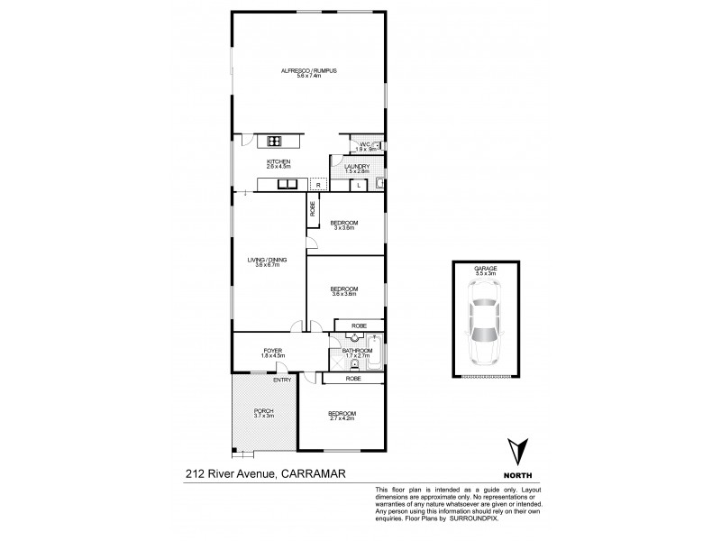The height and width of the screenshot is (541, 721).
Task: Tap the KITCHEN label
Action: pos(278,161)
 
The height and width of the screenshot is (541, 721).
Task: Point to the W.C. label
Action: pos(366,144)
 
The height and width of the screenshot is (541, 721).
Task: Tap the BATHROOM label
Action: pos(357,351)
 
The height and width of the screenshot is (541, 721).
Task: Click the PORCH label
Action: pos(263,411)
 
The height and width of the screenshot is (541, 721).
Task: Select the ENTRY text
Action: pos(282,380)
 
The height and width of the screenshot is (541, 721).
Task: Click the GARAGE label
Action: pos(486,268)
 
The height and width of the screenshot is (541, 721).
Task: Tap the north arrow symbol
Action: pos(516,452)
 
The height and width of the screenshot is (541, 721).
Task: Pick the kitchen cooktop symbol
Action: pos(275,140)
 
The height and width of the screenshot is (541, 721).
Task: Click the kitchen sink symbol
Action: pos(288,185)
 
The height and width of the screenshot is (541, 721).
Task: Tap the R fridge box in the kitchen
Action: pos(316,185)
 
